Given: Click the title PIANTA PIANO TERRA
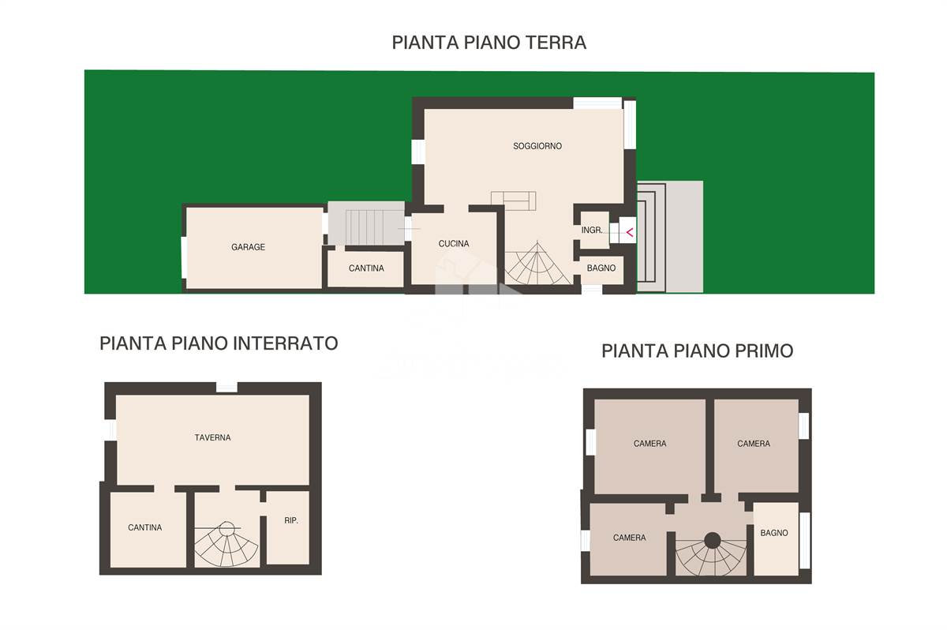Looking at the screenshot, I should pyautogui.click(x=488, y=43).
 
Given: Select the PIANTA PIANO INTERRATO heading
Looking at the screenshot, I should pyautogui.click(x=219, y=343).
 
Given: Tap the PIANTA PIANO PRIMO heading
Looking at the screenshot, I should pyautogui.click(x=697, y=351).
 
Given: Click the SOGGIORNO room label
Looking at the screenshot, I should pyautogui.click(x=537, y=146).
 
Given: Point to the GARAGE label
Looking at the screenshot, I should pyautogui.click(x=248, y=247).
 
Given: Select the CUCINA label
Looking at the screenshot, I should pyautogui.click(x=454, y=244).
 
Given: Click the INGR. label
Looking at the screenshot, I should pyautogui.click(x=592, y=231).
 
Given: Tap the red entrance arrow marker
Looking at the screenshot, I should pyautogui.click(x=629, y=232).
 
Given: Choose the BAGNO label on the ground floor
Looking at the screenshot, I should pyautogui.click(x=601, y=268).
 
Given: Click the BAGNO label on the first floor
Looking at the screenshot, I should pyautogui.click(x=774, y=533).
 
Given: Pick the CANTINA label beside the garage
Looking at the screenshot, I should pyautogui.click(x=366, y=268).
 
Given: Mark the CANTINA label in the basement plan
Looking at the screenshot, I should pyautogui.click(x=145, y=527).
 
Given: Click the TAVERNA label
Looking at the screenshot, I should pyautogui.click(x=212, y=437).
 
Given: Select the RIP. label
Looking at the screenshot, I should pyautogui.click(x=291, y=520).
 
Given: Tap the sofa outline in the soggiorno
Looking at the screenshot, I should pyautogui.click(x=513, y=200).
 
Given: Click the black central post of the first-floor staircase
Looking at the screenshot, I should pyautogui.click(x=712, y=540).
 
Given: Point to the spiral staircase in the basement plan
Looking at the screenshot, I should pyautogui.click(x=227, y=545).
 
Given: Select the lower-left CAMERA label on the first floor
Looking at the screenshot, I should pyautogui.click(x=630, y=538).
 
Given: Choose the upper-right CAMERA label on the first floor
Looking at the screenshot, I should pyautogui.click(x=754, y=444).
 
